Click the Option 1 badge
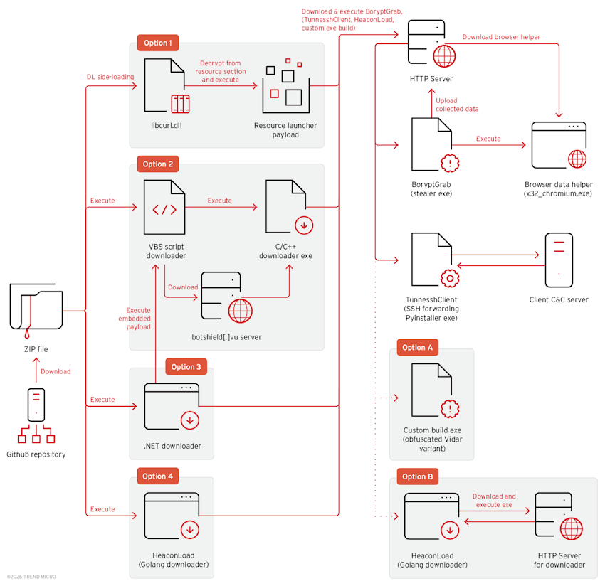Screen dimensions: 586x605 (157, 43)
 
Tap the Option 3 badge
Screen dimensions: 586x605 (186, 367)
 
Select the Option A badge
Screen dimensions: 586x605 (418, 348)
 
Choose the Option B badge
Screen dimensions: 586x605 (418, 476)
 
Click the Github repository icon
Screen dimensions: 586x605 (36, 416)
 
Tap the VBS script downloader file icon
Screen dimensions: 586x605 (165, 209)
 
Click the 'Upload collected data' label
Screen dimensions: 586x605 (457, 105)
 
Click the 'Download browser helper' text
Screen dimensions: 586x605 (500, 37)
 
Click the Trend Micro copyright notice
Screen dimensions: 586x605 (31, 577)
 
